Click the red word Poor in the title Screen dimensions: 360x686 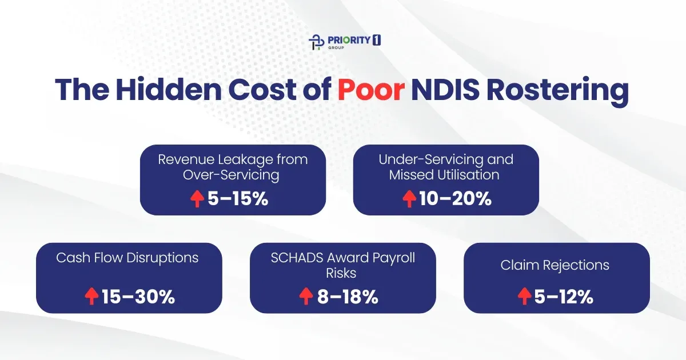[368, 91]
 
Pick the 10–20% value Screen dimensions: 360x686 [454, 199]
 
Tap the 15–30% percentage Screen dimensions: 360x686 [138, 297]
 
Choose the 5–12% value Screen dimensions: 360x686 [563, 297]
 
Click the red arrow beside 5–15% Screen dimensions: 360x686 [197, 199]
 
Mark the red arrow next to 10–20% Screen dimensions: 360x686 [409, 199]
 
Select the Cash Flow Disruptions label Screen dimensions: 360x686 [127, 258]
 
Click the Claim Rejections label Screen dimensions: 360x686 [555, 265]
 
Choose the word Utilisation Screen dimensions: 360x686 [468, 174]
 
